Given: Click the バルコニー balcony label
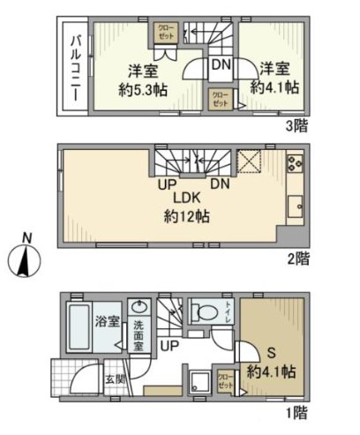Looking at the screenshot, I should (76, 66).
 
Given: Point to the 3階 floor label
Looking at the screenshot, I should (298, 126).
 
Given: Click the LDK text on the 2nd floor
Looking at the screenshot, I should (184, 198).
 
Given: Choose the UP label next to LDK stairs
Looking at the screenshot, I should (165, 184).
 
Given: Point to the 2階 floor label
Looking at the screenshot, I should (298, 259).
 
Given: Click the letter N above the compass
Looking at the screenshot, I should (26, 236).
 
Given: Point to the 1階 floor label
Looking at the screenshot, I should (298, 411).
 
